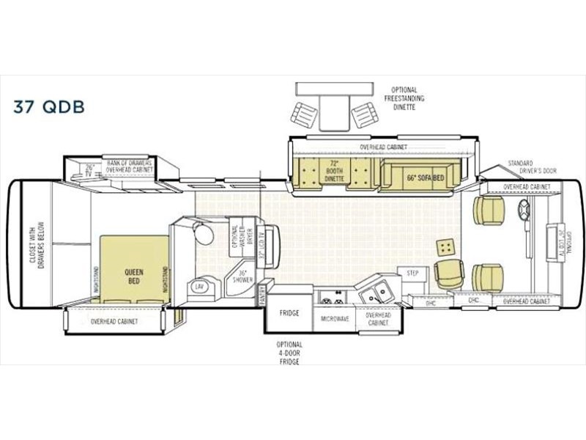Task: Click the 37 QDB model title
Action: click(x=49, y=106)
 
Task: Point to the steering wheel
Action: click(x=524, y=210)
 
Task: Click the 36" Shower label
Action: click(x=239, y=279)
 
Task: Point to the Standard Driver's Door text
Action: click(x=531, y=166)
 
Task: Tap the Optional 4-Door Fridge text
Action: click(x=289, y=354)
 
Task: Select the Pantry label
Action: click(x=261, y=295)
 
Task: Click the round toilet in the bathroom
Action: click(x=204, y=234)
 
